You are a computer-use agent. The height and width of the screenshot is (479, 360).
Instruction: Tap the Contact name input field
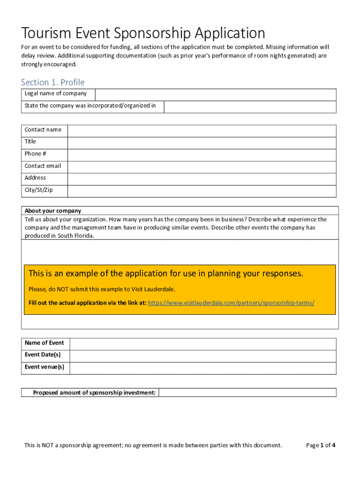(202, 131)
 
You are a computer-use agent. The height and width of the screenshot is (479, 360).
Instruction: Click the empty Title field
(202, 143)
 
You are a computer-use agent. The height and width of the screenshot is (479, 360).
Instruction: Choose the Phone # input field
(202, 155)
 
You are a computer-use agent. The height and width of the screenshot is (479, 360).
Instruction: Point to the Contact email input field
(202, 167)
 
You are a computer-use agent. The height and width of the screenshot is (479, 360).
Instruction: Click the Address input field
(202, 179)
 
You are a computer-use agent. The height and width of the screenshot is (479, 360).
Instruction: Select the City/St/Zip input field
(202, 191)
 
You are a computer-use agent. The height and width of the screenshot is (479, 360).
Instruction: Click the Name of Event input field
(202, 344)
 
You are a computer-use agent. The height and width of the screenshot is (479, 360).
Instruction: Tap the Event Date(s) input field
(202, 356)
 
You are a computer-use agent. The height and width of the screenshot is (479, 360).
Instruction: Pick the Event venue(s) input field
(202, 368)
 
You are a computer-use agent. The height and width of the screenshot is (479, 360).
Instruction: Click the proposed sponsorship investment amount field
(247, 392)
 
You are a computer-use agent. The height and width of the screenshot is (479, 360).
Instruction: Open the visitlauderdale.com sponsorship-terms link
(231, 303)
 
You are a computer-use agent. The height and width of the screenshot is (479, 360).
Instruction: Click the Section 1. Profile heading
(53, 82)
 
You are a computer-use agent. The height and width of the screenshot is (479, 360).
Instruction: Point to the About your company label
(53, 210)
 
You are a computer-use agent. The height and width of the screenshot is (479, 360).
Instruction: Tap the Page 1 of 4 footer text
(321, 445)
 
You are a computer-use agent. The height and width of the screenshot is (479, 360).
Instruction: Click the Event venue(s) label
(44, 367)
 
